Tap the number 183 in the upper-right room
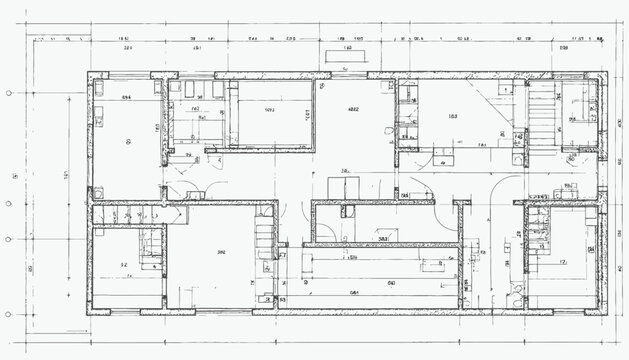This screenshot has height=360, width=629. click(x=454, y=117)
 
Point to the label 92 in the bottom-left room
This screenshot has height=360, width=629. click(x=124, y=265)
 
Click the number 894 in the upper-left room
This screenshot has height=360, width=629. click(x=127, y=97)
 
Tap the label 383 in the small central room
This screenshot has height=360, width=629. click(x=382, y=239)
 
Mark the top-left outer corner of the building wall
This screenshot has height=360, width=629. click(x=88, y=73)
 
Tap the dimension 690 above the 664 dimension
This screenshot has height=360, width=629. click(x=392, y=257)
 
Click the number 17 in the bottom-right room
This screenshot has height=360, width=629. click(x=563, y=261)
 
